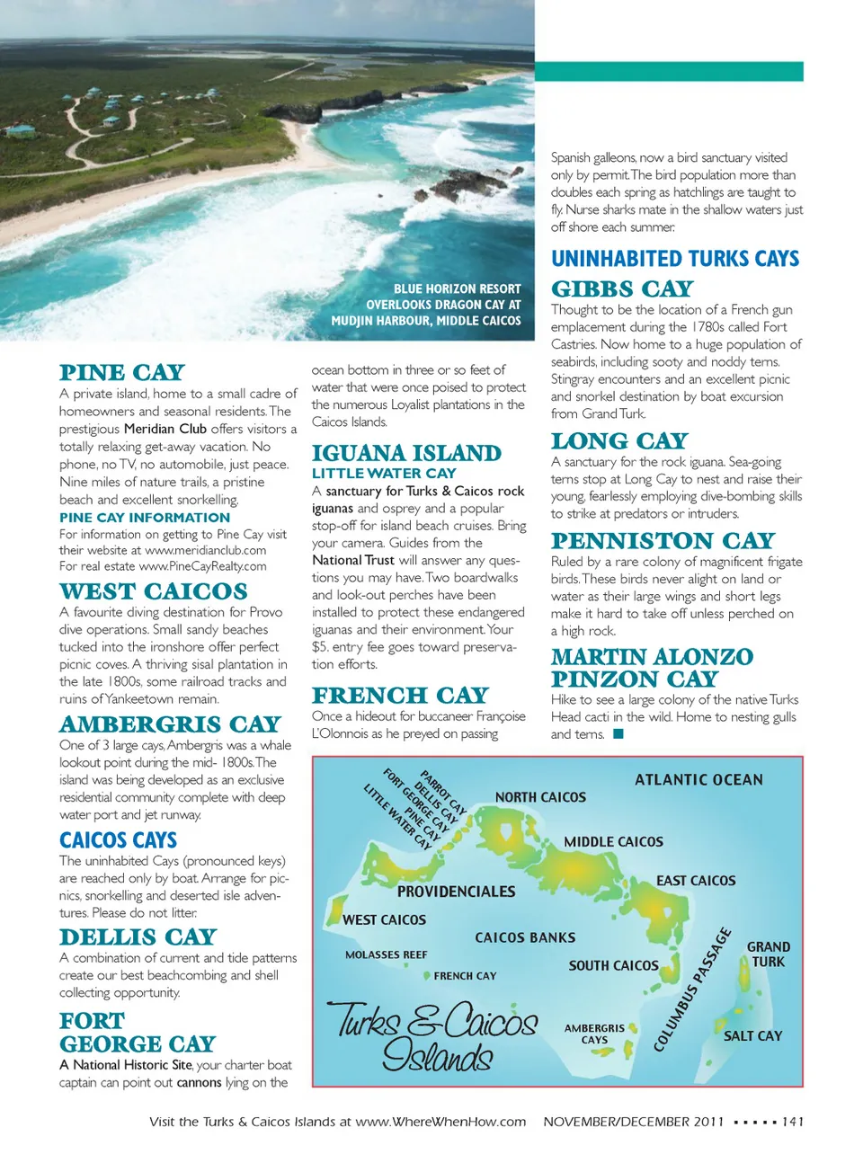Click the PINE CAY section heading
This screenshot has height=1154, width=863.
pyautogui.click(x=122, y=373)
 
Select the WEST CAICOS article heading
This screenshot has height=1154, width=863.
pyautogui.click(x=153, y=591)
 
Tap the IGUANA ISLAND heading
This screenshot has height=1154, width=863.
pyautogui.click(x=406, y=454)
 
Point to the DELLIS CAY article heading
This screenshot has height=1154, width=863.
pyautogui.click(x=138, y=937)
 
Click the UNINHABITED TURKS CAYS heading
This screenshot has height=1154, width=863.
pyautogui.click(x=675, y=259)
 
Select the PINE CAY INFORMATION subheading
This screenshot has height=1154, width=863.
pyautogui.click(x=145, y=518)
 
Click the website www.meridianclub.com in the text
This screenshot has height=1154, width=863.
pyautogui.click(x=205, y=550)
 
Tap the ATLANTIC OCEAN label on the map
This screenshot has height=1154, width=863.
pyautogui.click(x=698, y=780)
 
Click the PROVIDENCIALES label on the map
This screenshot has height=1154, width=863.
pyautogui.click(x=457, y=892)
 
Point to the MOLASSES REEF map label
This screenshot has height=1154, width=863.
pyautogui.click(x=387, y=955)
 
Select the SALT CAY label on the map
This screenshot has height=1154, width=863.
pyautogui.click(x=753, y=1036)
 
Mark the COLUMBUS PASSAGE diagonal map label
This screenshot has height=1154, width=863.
pyautogui.click(x=692, y=990)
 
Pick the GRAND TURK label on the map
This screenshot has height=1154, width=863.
pyautogui.click(x=769, y=954)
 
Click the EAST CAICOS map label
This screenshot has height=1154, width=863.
pyautogui.click(x=696, y=881)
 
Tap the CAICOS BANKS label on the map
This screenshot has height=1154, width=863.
pyautogui.click(x=525, y=937)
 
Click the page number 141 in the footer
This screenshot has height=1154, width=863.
pyautogui.click(x=792, y=1122)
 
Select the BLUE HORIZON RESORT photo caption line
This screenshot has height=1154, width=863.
pyautogui.click(x=457, y=289)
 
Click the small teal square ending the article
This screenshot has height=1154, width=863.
pyautogui.click(x=618, y=734)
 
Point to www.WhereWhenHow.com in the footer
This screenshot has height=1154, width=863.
pyautogui.click(x=440, y=1122)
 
